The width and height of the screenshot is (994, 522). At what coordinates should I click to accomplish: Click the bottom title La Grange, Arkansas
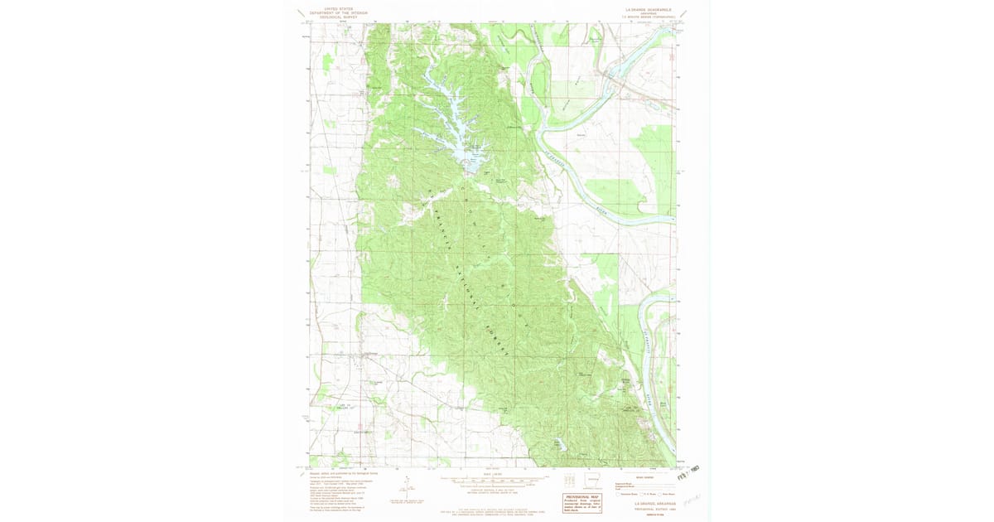tap(655, 503)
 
